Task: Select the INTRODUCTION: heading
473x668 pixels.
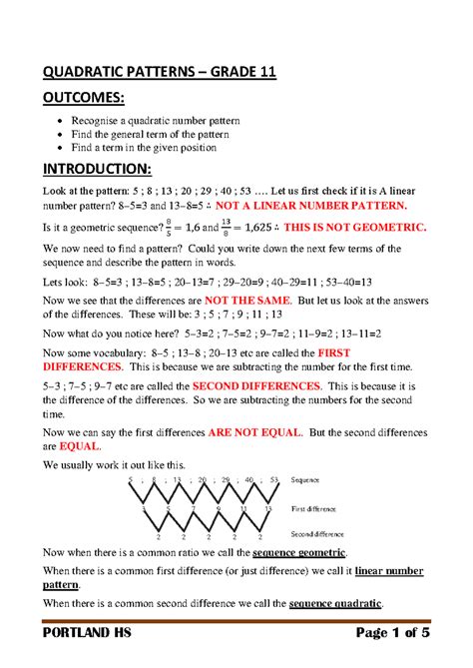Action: (96, 166)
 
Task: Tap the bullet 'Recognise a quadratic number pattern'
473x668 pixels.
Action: (155, 122)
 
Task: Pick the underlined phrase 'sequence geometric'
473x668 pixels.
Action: (301, 551)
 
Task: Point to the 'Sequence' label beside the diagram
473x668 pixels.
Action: (304, 480)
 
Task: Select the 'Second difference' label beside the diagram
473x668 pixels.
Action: (317, 534)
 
